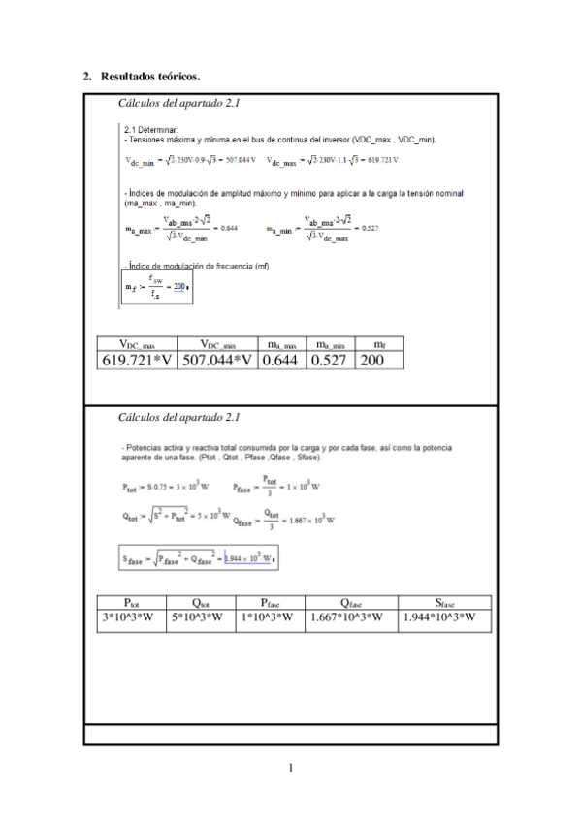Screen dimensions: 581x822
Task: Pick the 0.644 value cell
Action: [x=282, y=361]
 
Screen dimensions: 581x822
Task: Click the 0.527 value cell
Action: [x=330, y=361]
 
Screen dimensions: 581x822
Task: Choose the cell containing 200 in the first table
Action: [x=378, y=361]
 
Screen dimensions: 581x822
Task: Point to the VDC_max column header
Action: [x=145, y=344]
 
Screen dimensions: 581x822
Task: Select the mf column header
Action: [x=378, y=344]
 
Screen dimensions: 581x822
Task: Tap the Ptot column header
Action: [x=132, y=602]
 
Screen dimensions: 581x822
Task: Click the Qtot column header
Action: [x=201, y=602]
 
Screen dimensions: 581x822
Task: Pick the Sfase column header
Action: [x=445, y=602]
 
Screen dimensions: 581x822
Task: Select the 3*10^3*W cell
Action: [x=132, y=617]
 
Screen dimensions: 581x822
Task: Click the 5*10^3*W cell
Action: [x=201, y=617]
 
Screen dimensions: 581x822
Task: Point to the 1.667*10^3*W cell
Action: [x=351, y=617]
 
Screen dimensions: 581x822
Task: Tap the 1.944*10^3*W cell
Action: [x=445, y=617]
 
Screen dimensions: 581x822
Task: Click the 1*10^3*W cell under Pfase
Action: [x=271, y=617]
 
